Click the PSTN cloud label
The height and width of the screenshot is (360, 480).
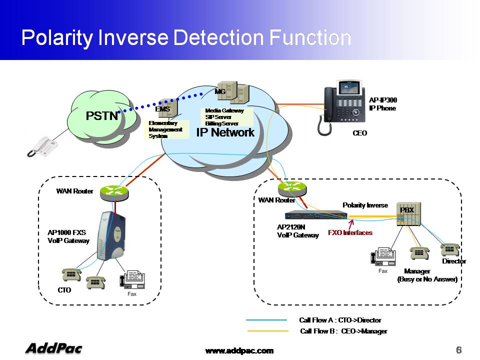[x=101, y=115]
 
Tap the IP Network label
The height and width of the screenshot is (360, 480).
[x=225, y=132]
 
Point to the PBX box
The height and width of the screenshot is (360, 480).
[x=408, y=214]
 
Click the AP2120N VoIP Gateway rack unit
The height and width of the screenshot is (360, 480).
[x=316, y=215]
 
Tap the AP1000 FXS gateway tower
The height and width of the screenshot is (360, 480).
[x=111, y=235]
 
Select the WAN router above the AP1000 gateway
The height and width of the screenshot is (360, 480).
[x=114, y=193]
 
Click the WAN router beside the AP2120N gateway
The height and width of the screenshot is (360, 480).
[x=292, y=189]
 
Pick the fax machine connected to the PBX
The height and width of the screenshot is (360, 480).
[x=383, y=256]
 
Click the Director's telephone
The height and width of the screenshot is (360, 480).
[x=450, y=249]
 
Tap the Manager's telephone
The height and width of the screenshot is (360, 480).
[x=419, y=253]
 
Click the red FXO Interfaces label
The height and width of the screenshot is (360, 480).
[x=350, y=232]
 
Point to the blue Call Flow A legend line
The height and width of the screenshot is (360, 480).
[x=266, y=320]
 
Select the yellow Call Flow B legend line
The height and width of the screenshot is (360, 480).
[x=268, y=331]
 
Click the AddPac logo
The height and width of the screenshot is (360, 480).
[x=54, y=348]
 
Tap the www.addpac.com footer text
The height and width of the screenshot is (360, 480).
[x=239, y=351]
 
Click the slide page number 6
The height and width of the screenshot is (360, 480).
[x=458, y=350]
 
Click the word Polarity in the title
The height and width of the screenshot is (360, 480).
[x=57, y=38]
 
